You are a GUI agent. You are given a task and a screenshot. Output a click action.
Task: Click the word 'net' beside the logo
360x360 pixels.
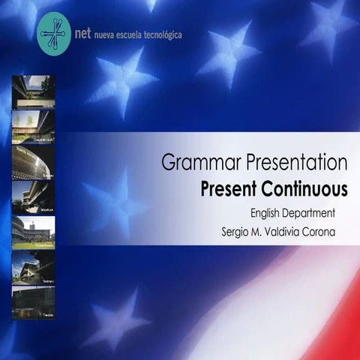[x=84, y=34]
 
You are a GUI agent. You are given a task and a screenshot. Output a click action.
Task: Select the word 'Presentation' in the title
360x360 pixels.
[x=290, y=162]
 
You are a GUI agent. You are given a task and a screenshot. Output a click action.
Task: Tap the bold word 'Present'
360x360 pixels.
[x=228, y=188]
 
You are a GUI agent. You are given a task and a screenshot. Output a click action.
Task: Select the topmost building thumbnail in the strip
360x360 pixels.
[x=33, y=91]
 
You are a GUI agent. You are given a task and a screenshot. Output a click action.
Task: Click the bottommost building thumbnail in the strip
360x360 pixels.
[x=33, y=302]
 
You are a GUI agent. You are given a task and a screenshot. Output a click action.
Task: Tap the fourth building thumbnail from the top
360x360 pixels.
[x=33, y=197]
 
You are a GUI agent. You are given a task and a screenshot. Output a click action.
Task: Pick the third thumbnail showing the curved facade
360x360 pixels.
[x=33, y=162]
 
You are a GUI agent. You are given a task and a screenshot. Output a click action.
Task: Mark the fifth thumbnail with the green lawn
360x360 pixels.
[x=33, y=232]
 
